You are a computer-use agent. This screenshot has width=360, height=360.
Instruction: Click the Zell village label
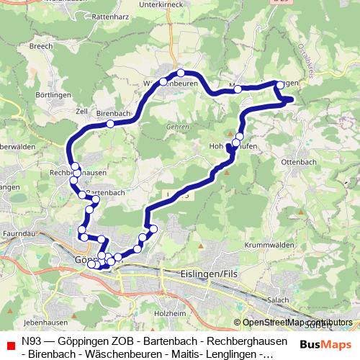(x=81, y=112)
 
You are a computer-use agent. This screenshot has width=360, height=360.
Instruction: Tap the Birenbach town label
(x=112, y=114)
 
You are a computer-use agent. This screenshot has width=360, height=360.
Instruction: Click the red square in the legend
(x=10, y=344)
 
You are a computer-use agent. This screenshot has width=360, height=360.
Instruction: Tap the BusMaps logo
(x=325, y=344)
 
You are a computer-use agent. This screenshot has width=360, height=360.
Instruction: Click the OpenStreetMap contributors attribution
(x=297, y=323)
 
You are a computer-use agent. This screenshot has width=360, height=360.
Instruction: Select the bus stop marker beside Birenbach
(x=110, y=124)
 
